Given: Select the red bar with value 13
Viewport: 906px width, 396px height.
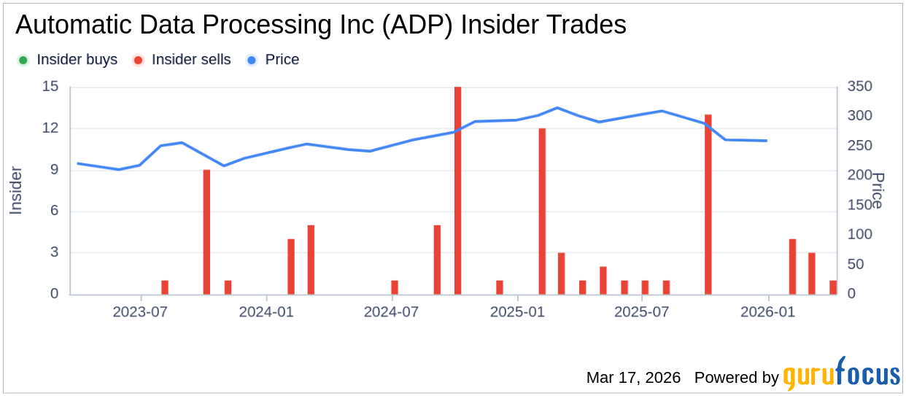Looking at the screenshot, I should [708, 204].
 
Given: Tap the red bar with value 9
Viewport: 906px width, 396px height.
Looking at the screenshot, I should [206, 232].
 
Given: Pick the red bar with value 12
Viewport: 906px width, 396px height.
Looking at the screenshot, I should [542, 211].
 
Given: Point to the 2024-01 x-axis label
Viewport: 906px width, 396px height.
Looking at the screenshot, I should [267, 312].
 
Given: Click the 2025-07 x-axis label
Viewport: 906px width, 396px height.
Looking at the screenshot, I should [642, 312].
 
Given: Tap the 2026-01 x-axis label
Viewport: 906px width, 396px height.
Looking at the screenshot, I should [768, 312].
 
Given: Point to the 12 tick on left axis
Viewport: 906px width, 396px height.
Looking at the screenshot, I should [51, 128].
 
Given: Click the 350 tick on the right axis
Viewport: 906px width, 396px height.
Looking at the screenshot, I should [859, 87].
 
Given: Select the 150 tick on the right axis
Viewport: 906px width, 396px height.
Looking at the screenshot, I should [859, 206].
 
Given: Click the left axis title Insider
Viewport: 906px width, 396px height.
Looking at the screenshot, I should [16, 190].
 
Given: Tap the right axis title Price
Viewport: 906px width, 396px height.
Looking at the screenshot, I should [879, 190].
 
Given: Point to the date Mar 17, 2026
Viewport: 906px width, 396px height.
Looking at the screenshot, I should [633, 378].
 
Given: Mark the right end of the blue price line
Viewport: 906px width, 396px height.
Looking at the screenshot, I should [767, 141].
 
